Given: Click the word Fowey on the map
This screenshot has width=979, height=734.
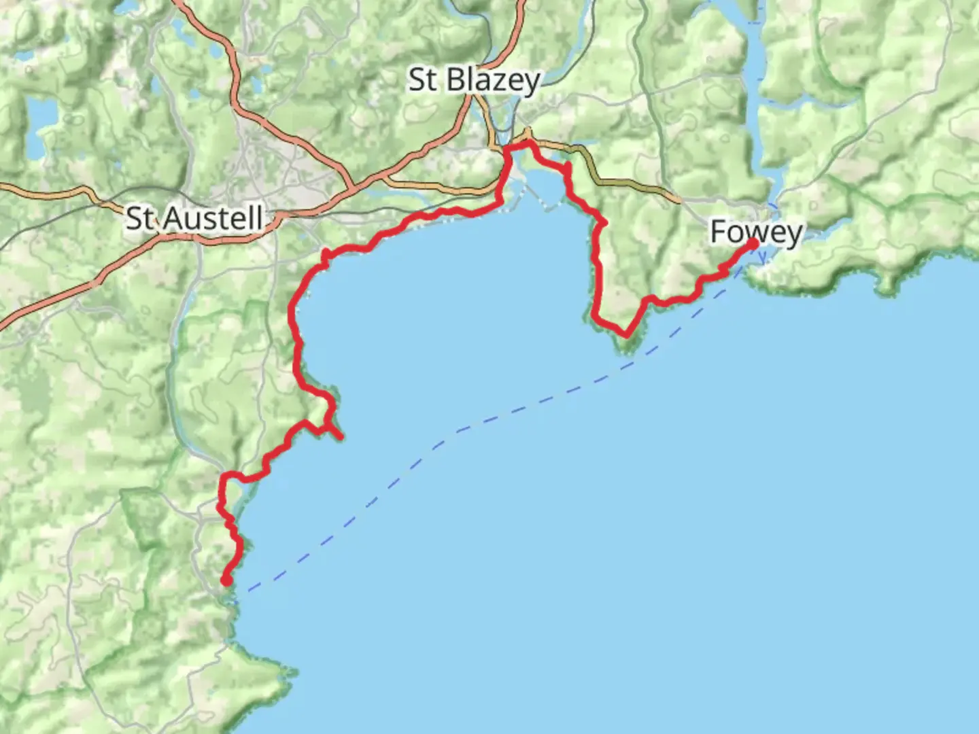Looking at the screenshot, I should (x=755, y=232).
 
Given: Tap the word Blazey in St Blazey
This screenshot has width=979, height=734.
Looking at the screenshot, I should (x=494, y=80).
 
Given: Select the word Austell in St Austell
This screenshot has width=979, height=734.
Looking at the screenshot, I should (x=213, y=219).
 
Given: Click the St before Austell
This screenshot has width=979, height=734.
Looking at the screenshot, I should (x=140, y=219).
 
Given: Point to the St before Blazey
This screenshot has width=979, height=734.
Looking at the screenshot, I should (x=422, y=80).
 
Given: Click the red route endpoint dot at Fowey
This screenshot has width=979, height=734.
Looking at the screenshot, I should (x=753, y=243).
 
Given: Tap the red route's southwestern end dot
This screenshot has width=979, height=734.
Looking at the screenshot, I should (x=225, y=580).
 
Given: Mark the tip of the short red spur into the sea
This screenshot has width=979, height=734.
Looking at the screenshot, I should (x=339, y=437).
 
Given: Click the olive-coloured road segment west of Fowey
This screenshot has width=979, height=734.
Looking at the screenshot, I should (x=632, y=184).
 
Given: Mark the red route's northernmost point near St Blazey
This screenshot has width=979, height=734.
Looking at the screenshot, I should (x=524, y=142).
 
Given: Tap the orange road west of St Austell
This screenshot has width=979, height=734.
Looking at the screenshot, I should (x=48, y=192).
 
